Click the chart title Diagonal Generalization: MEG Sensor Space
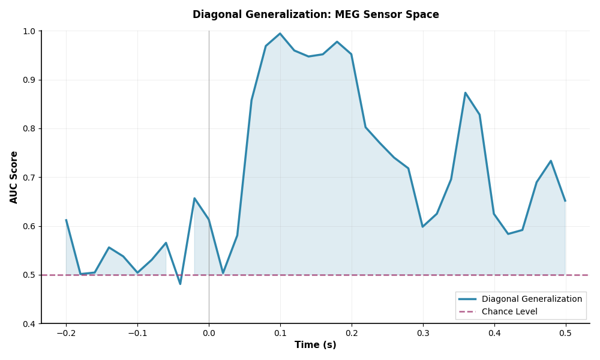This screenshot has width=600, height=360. click(x=316, y=15)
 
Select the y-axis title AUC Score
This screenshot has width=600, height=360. click(x=14, y=177)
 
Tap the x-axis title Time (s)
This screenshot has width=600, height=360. click(x=315, y=345)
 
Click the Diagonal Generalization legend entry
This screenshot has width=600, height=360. click(x=532, y=299)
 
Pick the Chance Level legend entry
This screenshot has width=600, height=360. click(x=509, y=311)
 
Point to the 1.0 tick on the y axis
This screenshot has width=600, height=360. click(x=28, y=31)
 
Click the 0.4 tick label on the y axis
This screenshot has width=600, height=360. click(x=28, y=324)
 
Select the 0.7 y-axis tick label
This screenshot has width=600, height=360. click(x=28, y=178)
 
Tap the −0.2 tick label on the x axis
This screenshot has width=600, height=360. click(x=65, y=332)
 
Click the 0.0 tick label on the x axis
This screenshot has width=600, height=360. click(x=209, y=332)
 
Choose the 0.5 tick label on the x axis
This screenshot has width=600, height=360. click(x=565, y=332)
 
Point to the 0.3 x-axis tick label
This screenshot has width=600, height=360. click(x=422, y=332)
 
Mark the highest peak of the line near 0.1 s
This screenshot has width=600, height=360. click(x=280, y=34)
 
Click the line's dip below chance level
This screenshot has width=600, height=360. click(x=180, y=284)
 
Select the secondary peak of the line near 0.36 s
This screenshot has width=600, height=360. click(x=465, y=93)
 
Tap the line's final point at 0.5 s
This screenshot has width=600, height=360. click(x=565, y=200)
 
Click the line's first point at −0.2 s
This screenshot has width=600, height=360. click(x=66, y=220)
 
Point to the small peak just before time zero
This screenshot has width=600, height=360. click(x=194, y=199)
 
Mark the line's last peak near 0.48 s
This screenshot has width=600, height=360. click(x=551, y=161)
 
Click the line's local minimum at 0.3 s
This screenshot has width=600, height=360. click(x=422, y=227)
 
